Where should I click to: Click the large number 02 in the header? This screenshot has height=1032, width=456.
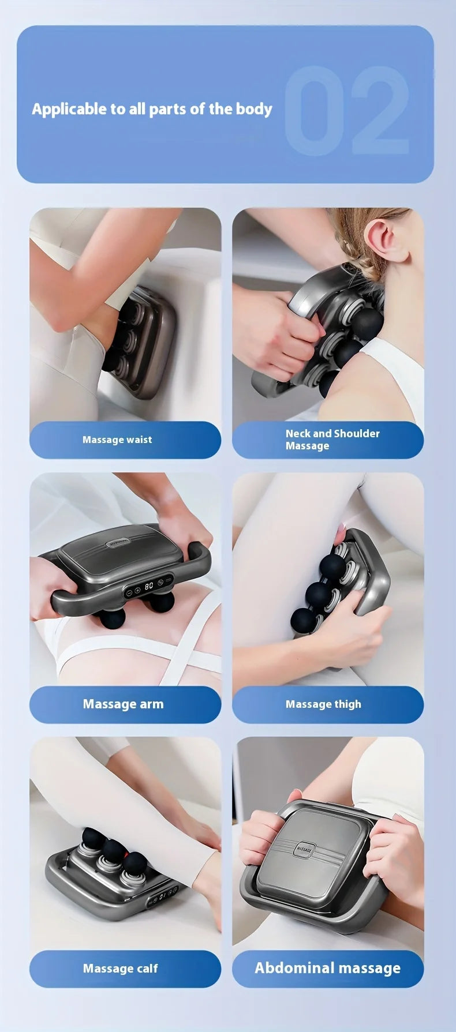pos(346,111)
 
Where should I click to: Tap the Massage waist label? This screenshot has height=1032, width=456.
pos(117,440)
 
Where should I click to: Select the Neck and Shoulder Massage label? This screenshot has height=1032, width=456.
pos(332,440)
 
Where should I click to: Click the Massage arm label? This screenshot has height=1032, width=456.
pos(123,704)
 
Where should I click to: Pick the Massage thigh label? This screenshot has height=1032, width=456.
pos(323,704)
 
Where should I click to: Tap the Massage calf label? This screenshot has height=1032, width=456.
pos(120,969)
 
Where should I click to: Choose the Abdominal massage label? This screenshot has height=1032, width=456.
pos(327,968)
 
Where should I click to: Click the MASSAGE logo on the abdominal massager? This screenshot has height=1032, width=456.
pos(304,849)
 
